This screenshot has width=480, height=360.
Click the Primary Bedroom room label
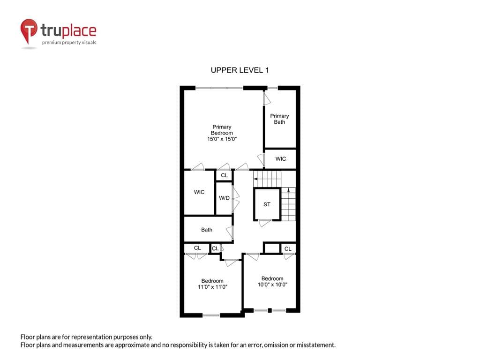point(222,130)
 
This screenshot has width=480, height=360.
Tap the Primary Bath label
point(279,119)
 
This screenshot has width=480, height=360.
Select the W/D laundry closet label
point(224,198)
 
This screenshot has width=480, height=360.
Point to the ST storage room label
point(267,204)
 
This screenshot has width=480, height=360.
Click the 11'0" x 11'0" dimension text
point(212,287)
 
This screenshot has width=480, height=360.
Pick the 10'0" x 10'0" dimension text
point(272,285)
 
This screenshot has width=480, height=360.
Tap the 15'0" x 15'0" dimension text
point(222,139)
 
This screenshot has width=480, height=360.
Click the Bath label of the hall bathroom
point(207,230)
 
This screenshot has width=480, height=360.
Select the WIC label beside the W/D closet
point(199,192)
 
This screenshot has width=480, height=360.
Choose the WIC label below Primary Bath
point(281,158)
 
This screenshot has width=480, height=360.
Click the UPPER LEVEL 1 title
point(240,70)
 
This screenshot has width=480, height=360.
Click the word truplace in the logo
point(68,30)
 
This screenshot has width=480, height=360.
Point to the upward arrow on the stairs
point(288,190)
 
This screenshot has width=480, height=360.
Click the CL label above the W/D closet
point(225,175)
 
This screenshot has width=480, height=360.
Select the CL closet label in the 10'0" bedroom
point(288,249)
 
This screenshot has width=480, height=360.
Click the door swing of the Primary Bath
point(267,99)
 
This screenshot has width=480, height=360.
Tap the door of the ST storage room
point(264,223)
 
